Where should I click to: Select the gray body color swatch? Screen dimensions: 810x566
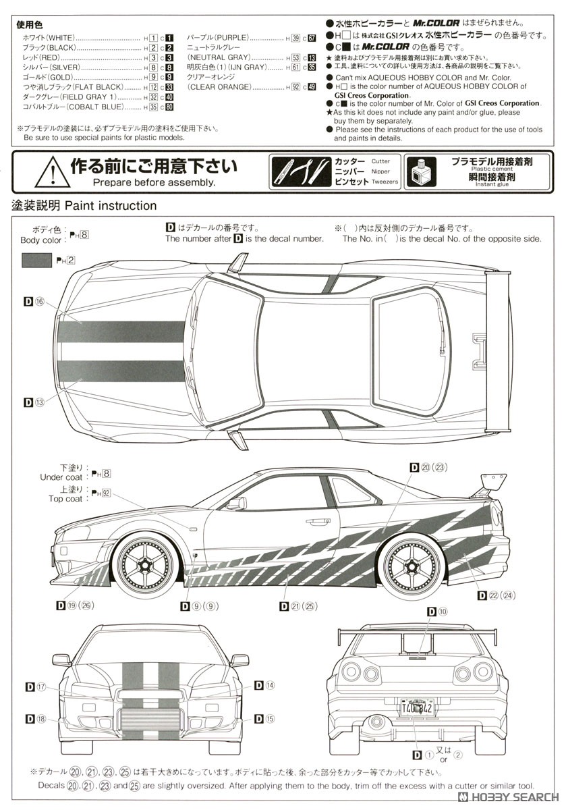(x=36, y=259)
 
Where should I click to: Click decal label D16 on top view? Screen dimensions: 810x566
(x=34, y=302)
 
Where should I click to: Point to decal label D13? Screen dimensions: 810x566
(x=34, y=402)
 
